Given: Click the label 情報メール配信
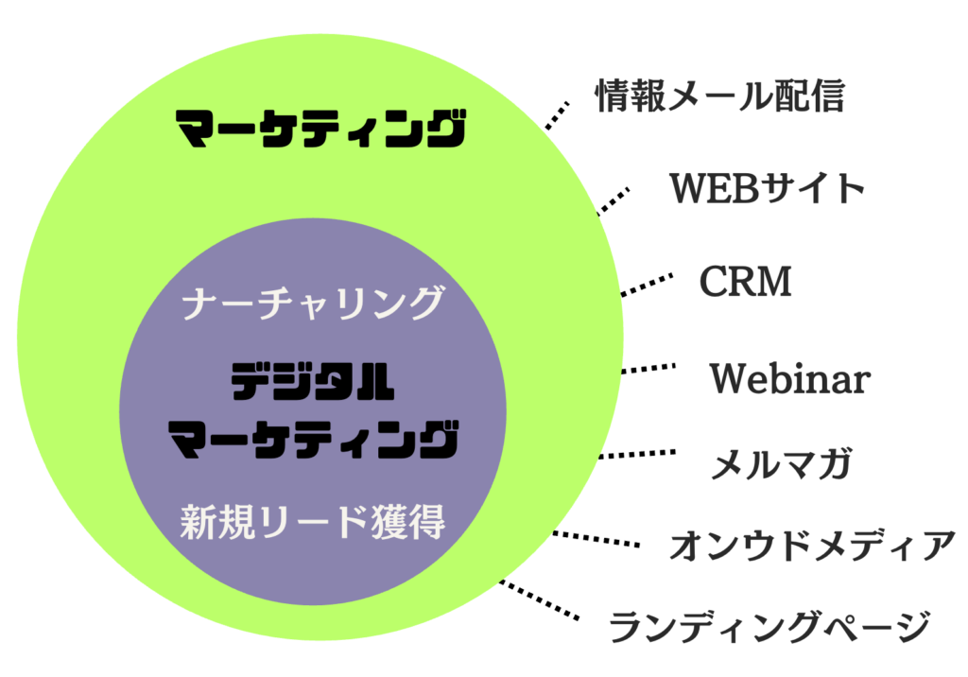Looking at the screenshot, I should (718, 95).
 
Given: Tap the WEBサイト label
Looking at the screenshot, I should (768, 189).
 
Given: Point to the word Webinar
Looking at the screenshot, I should (789, 379).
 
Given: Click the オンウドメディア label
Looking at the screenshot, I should (813, 546).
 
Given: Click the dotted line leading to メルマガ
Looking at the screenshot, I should (638, 455).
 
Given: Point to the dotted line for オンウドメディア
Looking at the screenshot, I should (596, 540).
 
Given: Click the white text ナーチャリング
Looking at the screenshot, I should (313, 304).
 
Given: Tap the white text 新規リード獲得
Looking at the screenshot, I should (313, 522).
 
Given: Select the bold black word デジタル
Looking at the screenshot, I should (313, 383).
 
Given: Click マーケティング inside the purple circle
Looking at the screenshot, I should (313, 440).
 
